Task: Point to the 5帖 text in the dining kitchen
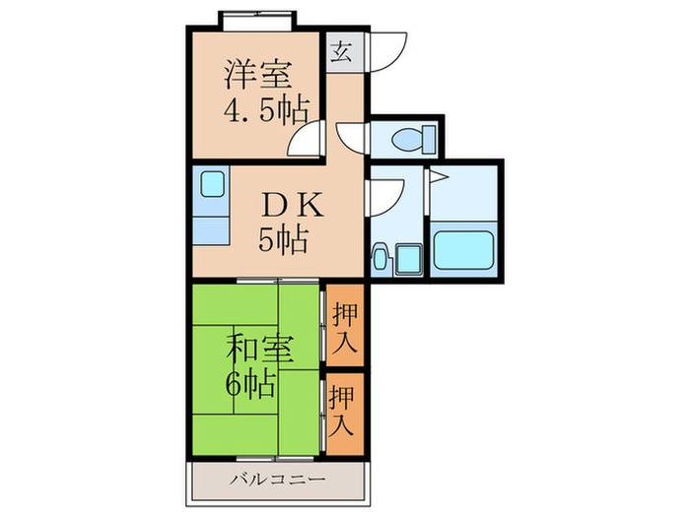pyautogui.click(x=282, y=238)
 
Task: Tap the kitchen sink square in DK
pyautogui.click(x=212, y=183)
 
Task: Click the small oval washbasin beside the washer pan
pyautogui.click(x=380, y=260)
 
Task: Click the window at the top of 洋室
pyautogui.click(x=258, y=19)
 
